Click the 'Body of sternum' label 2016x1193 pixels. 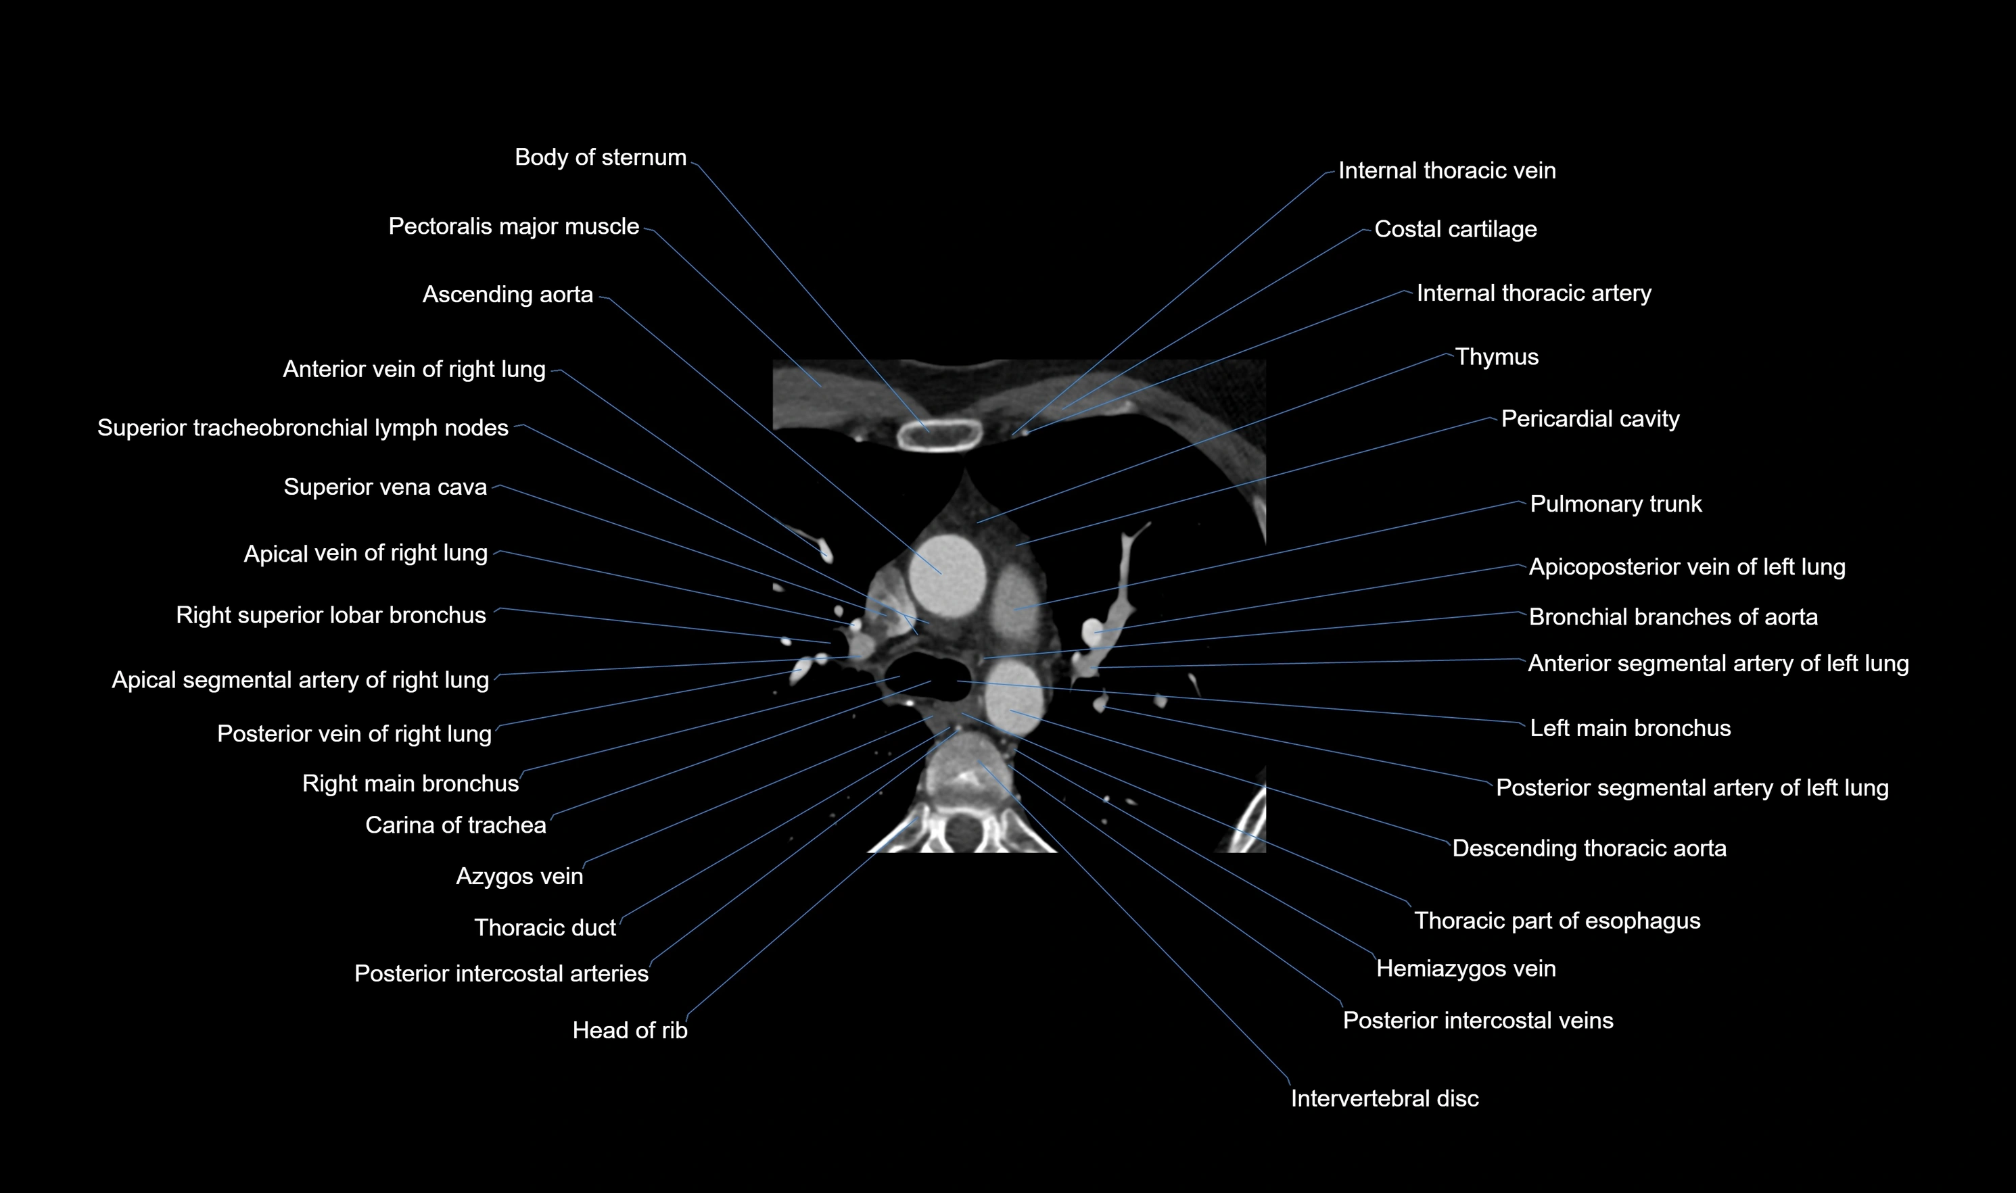[x=600, y=157]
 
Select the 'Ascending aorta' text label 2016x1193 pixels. [x=507, y=295]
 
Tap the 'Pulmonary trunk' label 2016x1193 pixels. [x=1615, y=504]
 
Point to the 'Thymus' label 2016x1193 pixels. [x=1496, y=357]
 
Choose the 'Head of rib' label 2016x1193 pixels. [x=630, y=1031]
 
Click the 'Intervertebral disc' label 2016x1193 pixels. [x=1384, y=1099]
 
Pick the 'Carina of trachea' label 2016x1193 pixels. [x=455, y=825]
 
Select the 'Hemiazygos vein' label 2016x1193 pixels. [x=1465, y=969]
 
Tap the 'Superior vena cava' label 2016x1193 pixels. [x=385, y=487]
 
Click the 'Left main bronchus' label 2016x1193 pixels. [x=1629, y=729]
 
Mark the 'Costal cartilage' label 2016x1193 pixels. [x=1455, y=230]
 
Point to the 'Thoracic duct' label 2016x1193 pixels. [x=544, y=929]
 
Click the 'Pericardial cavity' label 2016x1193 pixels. [x=1590, y=420]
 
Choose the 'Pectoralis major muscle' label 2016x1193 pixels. [x=513, y=226]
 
